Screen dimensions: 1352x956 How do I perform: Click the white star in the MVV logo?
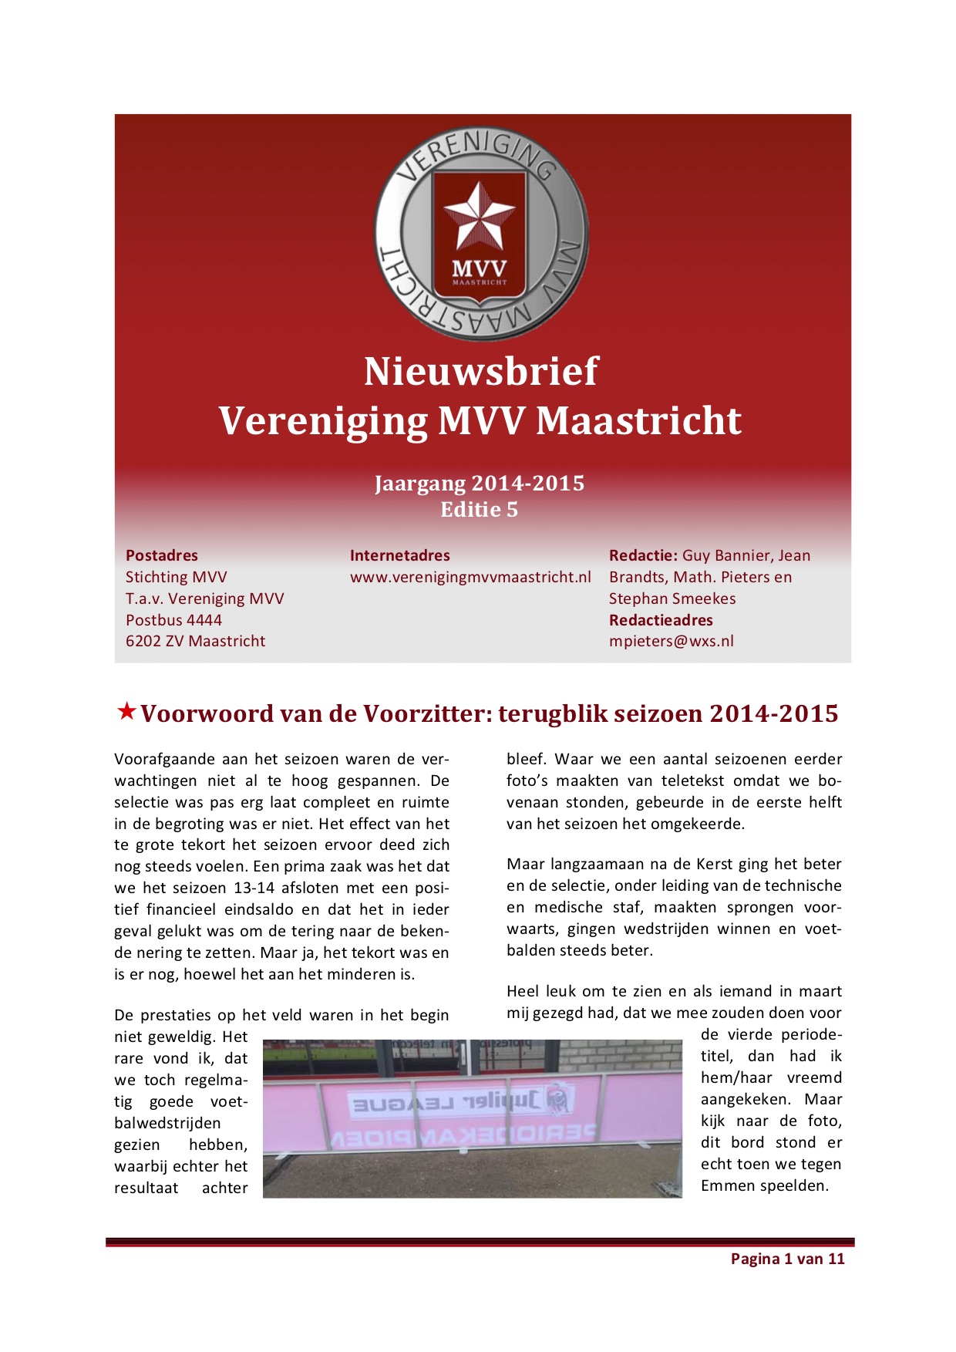pos(479,217)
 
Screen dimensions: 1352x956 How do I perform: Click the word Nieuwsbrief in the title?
pos(480,372)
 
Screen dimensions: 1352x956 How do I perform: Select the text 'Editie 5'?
pos(479,510)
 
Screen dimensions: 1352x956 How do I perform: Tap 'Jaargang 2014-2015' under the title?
pos(479,484)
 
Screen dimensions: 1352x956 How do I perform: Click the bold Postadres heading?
pos(162,555)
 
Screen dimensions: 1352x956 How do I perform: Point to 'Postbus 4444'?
pos(173,620)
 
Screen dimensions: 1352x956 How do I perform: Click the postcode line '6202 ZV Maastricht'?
pos(195,641)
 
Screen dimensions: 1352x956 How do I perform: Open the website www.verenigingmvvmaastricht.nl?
pos(470,577)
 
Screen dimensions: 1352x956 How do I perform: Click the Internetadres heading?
pos(399,555)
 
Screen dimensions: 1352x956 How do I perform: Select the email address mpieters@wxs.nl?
pos(671,641)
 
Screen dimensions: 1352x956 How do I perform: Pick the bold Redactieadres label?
pos(661,620)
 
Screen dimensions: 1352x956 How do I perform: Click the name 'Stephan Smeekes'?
pos(672,598)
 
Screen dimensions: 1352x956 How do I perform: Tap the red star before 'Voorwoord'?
pos(126,711)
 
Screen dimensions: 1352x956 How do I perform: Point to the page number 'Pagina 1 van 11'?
pos(787,1259)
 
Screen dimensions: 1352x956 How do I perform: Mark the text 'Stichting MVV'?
pos(177,577)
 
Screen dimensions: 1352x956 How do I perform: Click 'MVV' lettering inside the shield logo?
pos(479,268)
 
